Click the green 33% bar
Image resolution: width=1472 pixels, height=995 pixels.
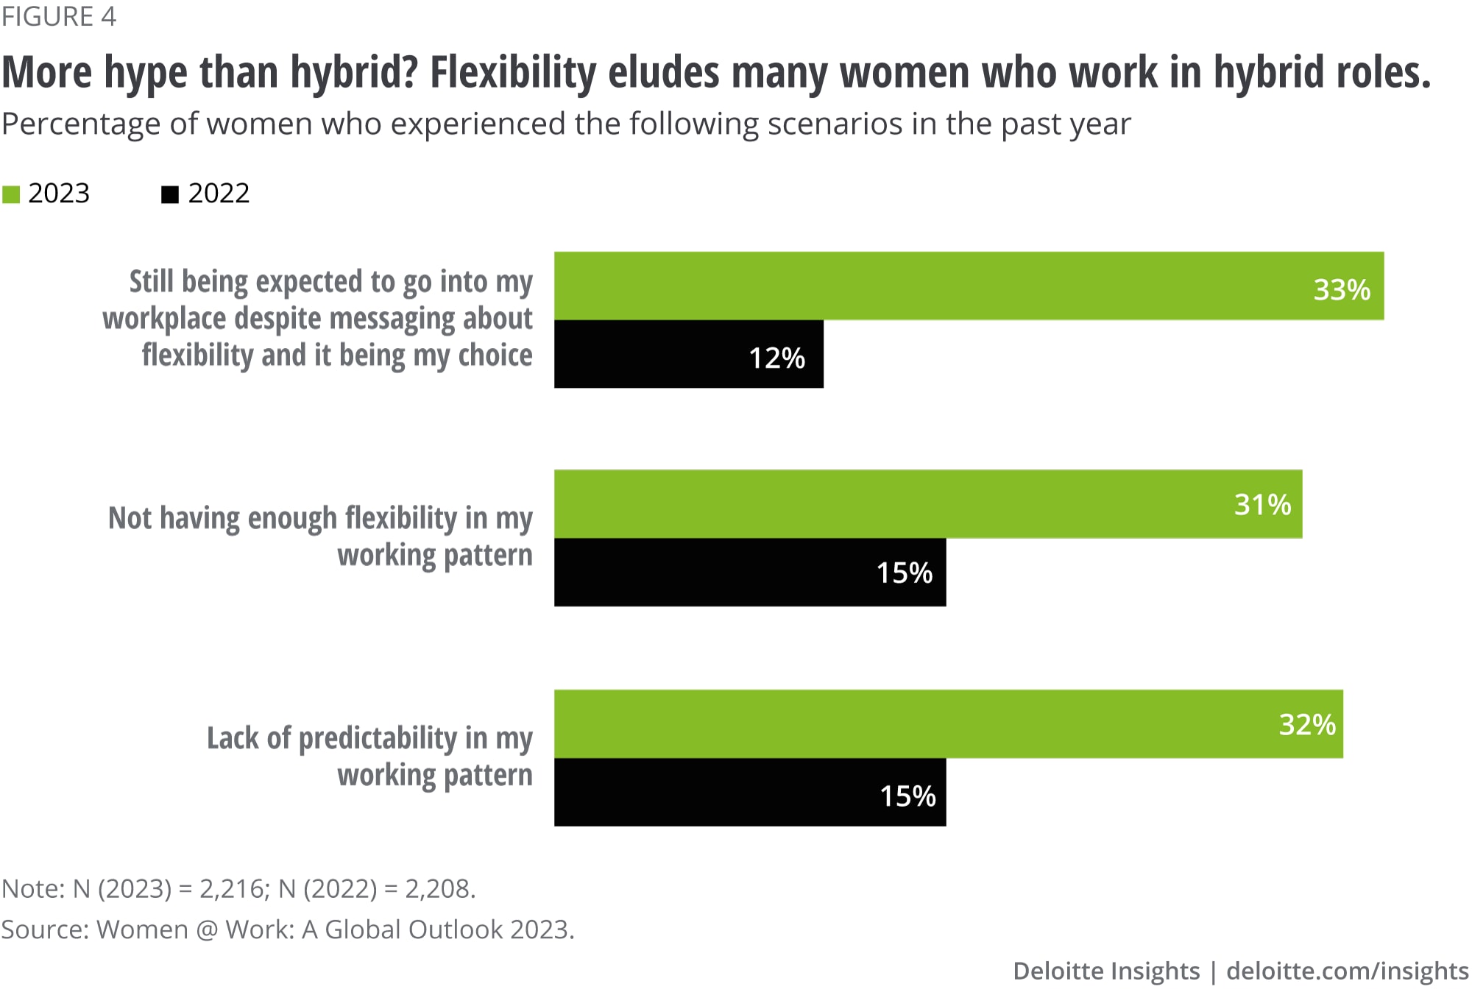(x=969, y=286)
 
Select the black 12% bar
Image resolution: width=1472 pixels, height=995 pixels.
(x=688, y=354)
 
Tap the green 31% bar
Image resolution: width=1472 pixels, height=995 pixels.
(x=927, y=504)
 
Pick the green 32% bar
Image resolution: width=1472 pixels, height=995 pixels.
(x=948, y=724)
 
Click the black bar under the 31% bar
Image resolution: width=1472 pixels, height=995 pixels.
(x=749, y=573)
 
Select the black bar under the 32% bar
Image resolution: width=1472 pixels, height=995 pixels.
(x=749, y=793)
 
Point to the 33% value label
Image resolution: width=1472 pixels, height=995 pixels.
(x=1342, y=290)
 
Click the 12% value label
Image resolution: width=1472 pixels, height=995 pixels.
(x=776, y=358)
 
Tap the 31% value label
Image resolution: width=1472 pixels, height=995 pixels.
(x=1262, y=505)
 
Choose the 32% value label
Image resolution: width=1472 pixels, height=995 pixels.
(x=1307, y=725)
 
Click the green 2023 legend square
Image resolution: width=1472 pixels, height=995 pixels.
(x=11, y=194)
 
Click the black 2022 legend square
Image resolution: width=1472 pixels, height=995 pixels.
(x=170, y=194)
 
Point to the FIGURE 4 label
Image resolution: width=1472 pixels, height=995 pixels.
(x=59, y=16)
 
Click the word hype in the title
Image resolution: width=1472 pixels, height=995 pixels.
(x=145, y=73)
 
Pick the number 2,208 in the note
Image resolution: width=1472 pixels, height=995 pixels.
(x=437, y=889)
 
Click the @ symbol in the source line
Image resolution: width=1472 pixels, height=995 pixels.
(x=207, y=930)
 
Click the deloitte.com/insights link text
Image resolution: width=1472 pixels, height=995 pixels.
(x=1347, y=971)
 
